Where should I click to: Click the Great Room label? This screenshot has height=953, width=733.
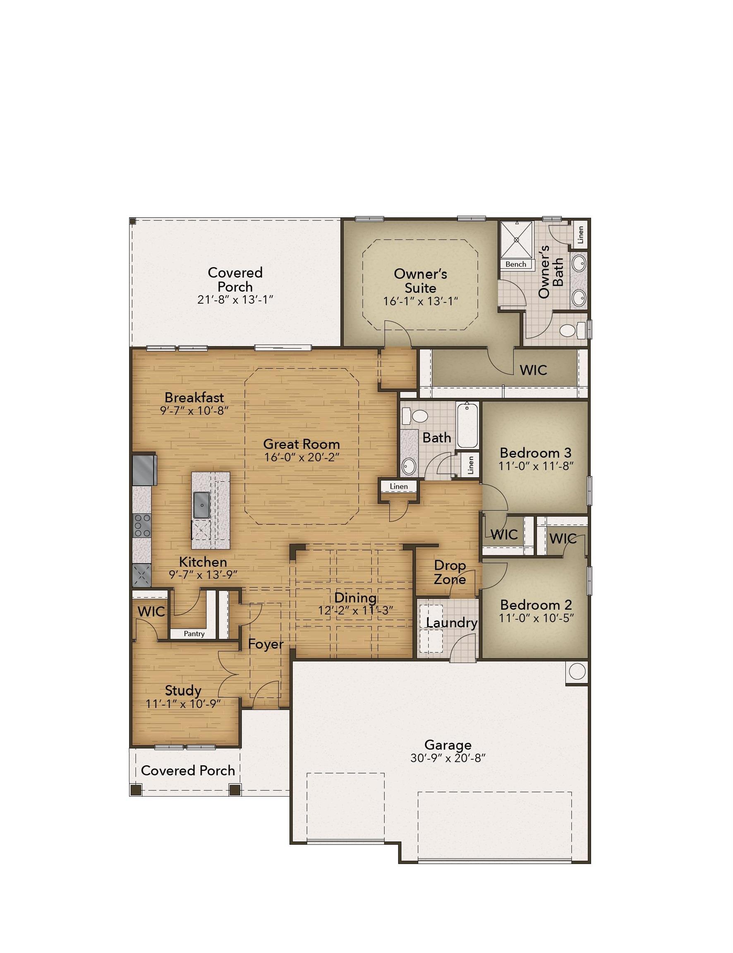(302, 444)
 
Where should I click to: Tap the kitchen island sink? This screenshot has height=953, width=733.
(201, 505)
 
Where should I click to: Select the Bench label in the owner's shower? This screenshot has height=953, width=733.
(516, 264)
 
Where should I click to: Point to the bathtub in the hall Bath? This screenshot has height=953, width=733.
(467, 425)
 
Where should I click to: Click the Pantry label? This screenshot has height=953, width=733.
(194, 633)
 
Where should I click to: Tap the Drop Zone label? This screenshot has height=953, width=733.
(450, 572)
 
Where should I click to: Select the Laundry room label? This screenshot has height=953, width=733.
(452, 623)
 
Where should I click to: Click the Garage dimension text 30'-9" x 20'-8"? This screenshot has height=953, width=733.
(448, 758)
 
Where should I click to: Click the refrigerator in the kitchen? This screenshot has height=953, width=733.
(144, 470)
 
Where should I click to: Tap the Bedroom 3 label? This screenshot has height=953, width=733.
(536, 453)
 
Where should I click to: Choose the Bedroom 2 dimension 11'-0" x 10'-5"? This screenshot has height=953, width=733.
(536, 618)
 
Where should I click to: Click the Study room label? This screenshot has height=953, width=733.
(183, 690)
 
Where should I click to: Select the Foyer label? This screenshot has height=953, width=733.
(266, 644)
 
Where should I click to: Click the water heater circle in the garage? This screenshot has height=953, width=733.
(577, 671)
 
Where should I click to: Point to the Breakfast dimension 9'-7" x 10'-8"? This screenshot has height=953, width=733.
(194, 410)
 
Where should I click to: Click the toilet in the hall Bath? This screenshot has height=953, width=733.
(415, 416)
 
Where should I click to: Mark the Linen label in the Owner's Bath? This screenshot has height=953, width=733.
(580, 235)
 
